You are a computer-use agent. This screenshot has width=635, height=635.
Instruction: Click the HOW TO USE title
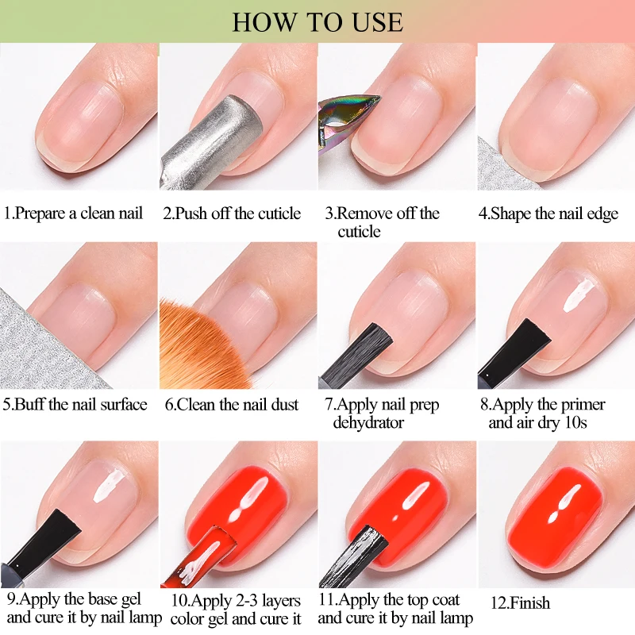click(x=317, y=21)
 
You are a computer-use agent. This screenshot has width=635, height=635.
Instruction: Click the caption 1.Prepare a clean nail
click(x=73, y=214)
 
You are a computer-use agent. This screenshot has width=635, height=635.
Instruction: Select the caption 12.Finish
click(x=521, y=603)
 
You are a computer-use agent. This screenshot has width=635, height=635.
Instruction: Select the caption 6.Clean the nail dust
click(x=232, y=405)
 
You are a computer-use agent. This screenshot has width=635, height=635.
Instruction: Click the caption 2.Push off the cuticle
click(x=232, y=214)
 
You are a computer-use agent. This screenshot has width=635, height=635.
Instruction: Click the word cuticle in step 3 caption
click(x=359, y=232)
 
